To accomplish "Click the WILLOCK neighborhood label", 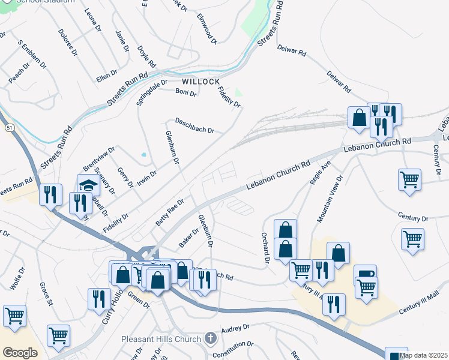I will coord(201,81).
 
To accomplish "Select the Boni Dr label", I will coord(185,92).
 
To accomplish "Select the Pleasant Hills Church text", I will coord(161,339).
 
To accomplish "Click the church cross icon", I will coord(209,338).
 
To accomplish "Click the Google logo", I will coord(20,353).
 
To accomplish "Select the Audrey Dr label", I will coord(235,329).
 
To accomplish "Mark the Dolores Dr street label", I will coord(68,42).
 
